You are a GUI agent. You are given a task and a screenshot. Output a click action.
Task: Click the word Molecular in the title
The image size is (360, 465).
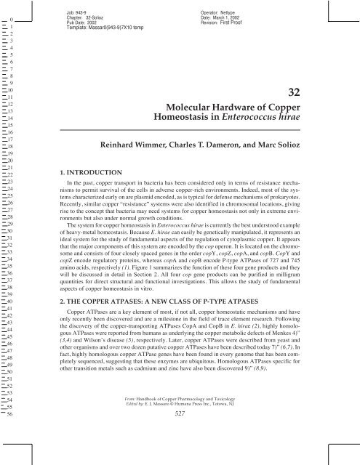coord(204,106)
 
